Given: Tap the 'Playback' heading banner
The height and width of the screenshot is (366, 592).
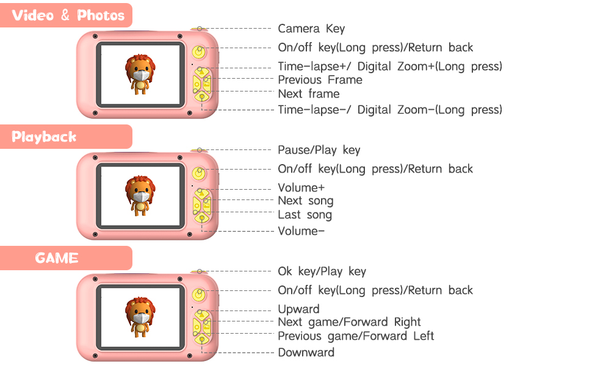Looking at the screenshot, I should point(45,137).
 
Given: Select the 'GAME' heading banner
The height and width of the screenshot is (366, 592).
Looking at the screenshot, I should point(57,258).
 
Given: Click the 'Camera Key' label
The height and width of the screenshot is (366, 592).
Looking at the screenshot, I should point(311,29).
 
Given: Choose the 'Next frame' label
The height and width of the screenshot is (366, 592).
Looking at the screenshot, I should point(309,94).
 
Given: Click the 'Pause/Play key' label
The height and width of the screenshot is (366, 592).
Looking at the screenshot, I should point(319,150).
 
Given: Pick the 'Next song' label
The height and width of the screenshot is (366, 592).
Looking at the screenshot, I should point(306,201).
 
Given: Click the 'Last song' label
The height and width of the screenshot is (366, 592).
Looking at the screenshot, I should point(305,215).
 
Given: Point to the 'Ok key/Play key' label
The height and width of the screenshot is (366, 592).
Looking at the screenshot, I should point(322,271).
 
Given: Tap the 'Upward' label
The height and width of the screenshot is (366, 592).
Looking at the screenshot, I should point(299,309).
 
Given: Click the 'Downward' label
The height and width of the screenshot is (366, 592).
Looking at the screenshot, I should point(306,353).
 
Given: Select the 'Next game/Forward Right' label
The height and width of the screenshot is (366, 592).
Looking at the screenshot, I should point(350,322).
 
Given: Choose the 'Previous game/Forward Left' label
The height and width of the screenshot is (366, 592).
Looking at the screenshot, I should point(356,336).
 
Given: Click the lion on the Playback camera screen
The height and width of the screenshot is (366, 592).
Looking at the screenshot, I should point(141,195).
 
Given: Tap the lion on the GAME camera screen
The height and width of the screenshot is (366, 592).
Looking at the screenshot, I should point(141,316).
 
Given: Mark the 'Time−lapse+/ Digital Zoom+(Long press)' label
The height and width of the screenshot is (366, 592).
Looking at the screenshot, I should point(390,66).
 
